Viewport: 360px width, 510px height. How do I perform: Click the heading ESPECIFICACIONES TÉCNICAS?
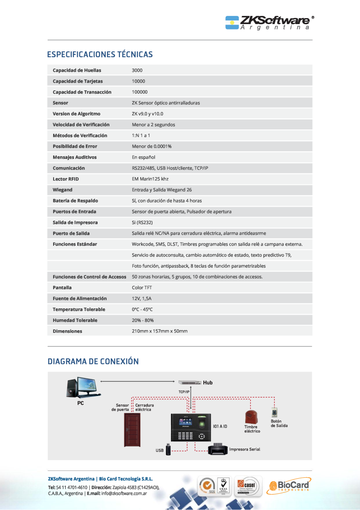(x=100, y=54)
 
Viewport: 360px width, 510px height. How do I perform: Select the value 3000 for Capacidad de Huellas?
(x=137, y=70)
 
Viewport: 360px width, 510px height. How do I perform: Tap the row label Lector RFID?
(x=66, y=179)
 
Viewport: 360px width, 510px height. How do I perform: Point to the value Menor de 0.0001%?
(x=152, y=146)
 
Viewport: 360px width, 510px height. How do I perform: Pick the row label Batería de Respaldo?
(x=75, y=201)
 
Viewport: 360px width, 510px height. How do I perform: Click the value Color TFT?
(x=142, y=287)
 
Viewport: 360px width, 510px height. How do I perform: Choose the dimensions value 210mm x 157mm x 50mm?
(x=159, y=331)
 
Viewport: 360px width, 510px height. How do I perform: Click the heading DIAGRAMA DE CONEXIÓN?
(x=93, y=361)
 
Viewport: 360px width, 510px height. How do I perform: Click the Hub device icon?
(x=189, y=383)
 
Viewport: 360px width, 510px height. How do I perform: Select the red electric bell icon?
(x=251, y=416)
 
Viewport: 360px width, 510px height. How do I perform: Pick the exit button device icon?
(x=274, y=413)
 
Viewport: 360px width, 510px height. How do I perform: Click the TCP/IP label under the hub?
(x=184, y=391)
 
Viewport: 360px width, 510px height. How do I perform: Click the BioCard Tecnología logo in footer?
(x=288, y=486)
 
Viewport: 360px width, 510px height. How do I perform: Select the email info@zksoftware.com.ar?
(x=123, y=493)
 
